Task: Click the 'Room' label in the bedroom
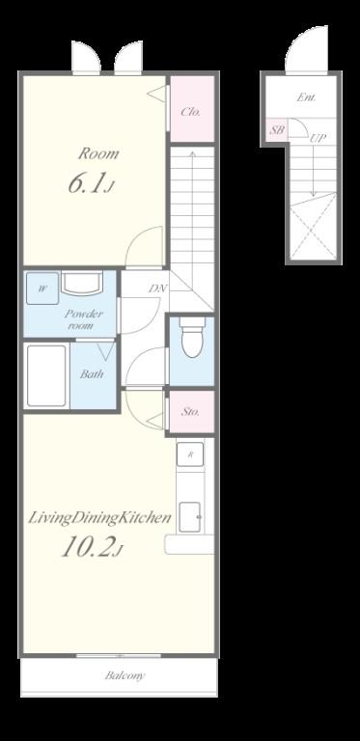click(x=98, y=153)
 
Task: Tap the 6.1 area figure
click(x=91, y=184)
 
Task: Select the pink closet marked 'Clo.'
click(x=192, y=108)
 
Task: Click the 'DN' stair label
click(x=157, y=288)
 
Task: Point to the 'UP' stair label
click(x=317, y=139)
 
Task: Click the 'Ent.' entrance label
click(x=306, y=97)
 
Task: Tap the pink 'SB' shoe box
click(x=277, y=129)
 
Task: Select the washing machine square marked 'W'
click(x=42, y=288)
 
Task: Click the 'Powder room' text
click(x=83, y=319)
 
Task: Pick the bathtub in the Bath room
click(x=46, y=375)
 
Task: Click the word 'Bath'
click(x=91, y=374)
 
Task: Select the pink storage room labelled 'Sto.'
click(x=192, y=411)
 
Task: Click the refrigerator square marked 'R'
click(x=190, y=454)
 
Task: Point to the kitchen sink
click(x=190, y=516)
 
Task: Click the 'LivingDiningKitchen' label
click(x=99, y=518)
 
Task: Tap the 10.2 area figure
click(x=92, y=547)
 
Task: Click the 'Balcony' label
click(x=125, y=675)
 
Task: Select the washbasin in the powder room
click(x=81, y=283)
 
